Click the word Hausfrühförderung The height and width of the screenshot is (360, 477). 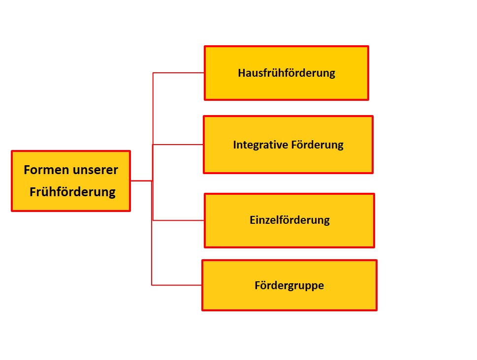pos(286,73)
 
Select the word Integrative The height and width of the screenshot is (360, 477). pos(260,145)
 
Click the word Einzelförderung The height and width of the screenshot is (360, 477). pos(289,220)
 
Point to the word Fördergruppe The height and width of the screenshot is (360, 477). pos(289,286)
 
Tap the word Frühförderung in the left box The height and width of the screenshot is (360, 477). pos(72,192)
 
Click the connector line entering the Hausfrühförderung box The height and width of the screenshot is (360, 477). pos(178,73)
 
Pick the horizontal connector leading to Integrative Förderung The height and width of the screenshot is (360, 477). pos(178,145)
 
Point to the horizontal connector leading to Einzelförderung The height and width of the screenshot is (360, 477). pos(178,220)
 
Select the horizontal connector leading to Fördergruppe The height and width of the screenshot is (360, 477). pos(176,285)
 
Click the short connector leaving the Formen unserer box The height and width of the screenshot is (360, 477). pos(141,181)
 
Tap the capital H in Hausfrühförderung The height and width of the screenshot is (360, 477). pos(241,73)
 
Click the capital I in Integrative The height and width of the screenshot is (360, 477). pos(234,145)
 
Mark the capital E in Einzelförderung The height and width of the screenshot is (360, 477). pos(253,220)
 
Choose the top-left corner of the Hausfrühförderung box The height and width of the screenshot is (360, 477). pos(204,46)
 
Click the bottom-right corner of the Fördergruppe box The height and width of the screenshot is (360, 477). pos(377,310)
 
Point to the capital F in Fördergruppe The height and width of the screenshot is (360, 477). pos(257,285)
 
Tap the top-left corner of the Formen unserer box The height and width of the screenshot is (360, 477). pos(11,151)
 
